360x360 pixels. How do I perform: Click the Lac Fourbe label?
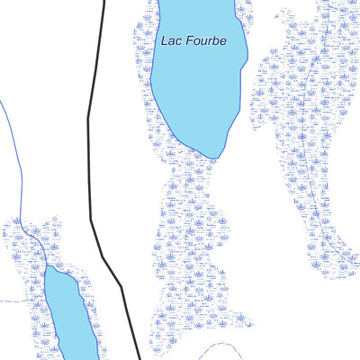[x=193, y=41]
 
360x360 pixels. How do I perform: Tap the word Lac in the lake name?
[x=170, y=41]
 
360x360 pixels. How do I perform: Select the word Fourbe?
[x=203, y=41]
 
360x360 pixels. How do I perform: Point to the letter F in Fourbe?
[x=186, y=41]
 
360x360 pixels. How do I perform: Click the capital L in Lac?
[x=164, y=41]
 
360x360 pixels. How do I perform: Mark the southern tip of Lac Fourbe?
[x=213, y=158]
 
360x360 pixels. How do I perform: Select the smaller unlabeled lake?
[x=65, y=315]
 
